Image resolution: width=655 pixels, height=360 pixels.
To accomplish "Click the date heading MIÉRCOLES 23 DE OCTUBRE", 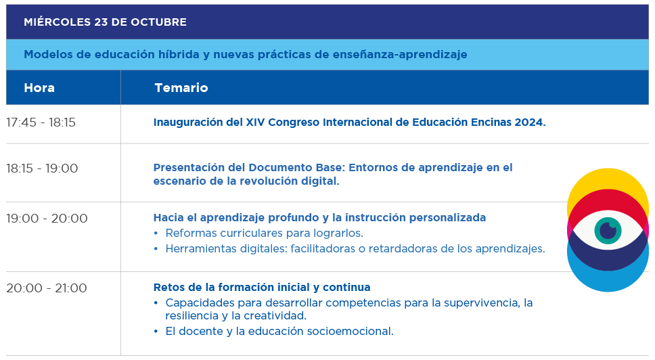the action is (106, 22).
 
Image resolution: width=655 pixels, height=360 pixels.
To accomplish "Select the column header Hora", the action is (39, 88).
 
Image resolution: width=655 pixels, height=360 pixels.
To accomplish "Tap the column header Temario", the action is (181, 88).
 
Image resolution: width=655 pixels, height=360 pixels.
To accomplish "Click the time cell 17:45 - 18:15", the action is (41, 122).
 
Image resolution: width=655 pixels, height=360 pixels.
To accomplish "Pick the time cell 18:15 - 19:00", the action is (42, 168).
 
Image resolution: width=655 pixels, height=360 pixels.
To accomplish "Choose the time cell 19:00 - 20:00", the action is (47, 219).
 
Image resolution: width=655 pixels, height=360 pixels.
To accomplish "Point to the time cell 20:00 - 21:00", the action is (47, 288).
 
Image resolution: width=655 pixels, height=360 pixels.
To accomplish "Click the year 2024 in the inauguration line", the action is (530, 122).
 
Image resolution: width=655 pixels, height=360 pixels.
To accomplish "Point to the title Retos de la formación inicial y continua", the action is (262, 288).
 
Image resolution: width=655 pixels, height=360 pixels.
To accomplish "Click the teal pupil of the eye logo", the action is (608, 231).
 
